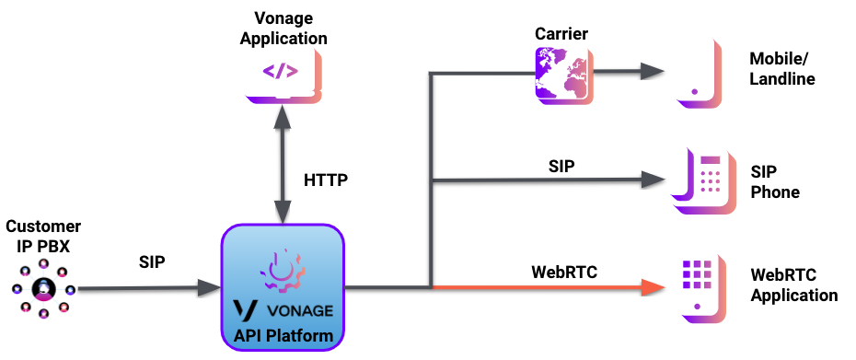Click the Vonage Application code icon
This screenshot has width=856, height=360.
click(x=280, y=72)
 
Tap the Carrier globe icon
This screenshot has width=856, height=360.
click(x=561, y=73)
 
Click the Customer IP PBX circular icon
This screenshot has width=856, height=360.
click(x=42, y=290)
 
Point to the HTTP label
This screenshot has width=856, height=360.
click(x=326, y=180)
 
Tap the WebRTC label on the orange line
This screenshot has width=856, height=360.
click(x=564, y=272)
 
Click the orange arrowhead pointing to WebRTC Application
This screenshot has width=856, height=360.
click(x=654, y=288)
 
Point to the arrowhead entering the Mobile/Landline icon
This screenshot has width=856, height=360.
click(x=653, y=73)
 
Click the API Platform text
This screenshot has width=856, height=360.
click(x=282, y=335)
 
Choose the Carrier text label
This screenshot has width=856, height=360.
click(x=561, y=34)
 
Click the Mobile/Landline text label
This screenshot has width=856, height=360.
click(x=783, y=70)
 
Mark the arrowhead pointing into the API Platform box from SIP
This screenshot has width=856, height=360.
click(x=211, y=289)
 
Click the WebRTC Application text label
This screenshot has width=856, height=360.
click(x=794, y=285)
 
